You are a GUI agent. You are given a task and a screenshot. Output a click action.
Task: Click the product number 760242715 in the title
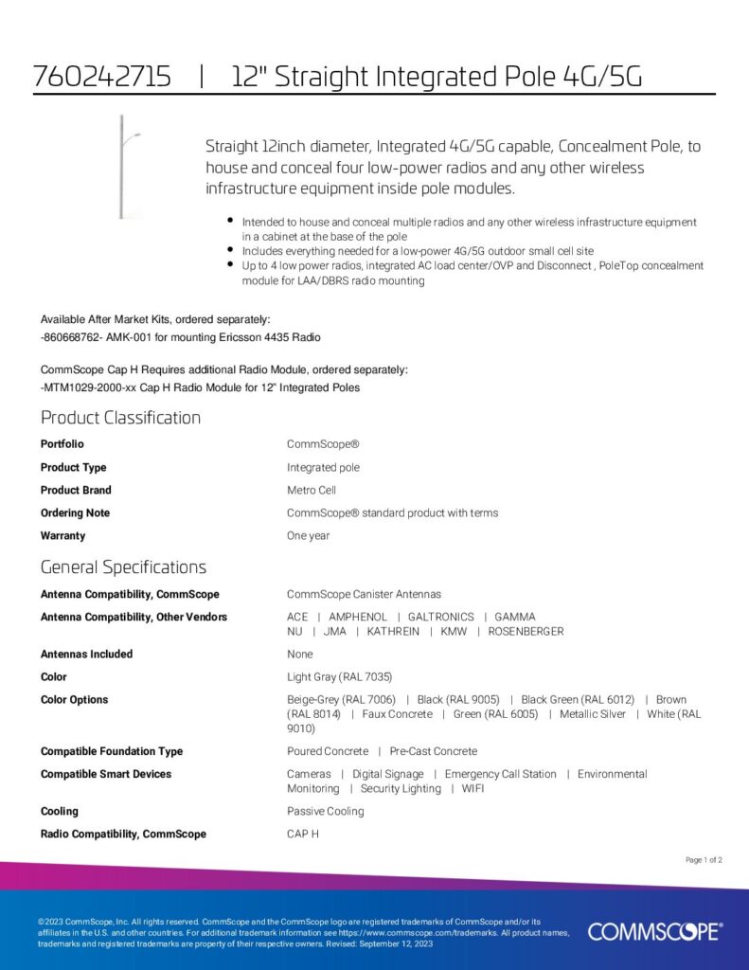[x=102, y=77]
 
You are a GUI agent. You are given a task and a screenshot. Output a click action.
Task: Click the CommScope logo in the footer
[x=654, y=931]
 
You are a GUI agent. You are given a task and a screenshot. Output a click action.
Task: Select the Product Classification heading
[x=120, y=418]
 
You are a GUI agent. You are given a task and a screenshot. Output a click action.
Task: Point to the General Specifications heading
[x=123, y=567]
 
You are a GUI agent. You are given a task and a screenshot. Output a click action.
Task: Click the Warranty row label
[x=62, y=536]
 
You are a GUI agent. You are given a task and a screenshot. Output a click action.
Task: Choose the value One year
[x=308, y=536]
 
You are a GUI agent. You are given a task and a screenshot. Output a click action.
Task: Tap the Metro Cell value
[x=312, y=491]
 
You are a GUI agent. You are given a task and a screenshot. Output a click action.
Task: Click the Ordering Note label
[x=75, y=513]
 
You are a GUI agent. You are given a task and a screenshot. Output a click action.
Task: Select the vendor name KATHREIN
[x=393, y=632]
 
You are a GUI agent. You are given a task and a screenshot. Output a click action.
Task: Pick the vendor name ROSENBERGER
[x=526, y=632]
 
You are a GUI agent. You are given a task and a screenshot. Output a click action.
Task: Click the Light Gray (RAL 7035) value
[x=339, y=677]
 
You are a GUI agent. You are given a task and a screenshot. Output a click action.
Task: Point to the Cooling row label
[x=60, y=812]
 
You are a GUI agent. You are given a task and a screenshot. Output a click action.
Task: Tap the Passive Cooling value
[x=325, y=812]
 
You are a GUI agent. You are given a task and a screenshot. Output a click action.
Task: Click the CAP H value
[x=303, y=835]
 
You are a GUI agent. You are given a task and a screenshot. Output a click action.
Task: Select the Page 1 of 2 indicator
[x=704, y=860]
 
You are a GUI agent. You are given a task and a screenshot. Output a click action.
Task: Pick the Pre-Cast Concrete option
[x=434, y=751]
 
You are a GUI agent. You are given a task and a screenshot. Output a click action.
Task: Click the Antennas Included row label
[x=86, y=655]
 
